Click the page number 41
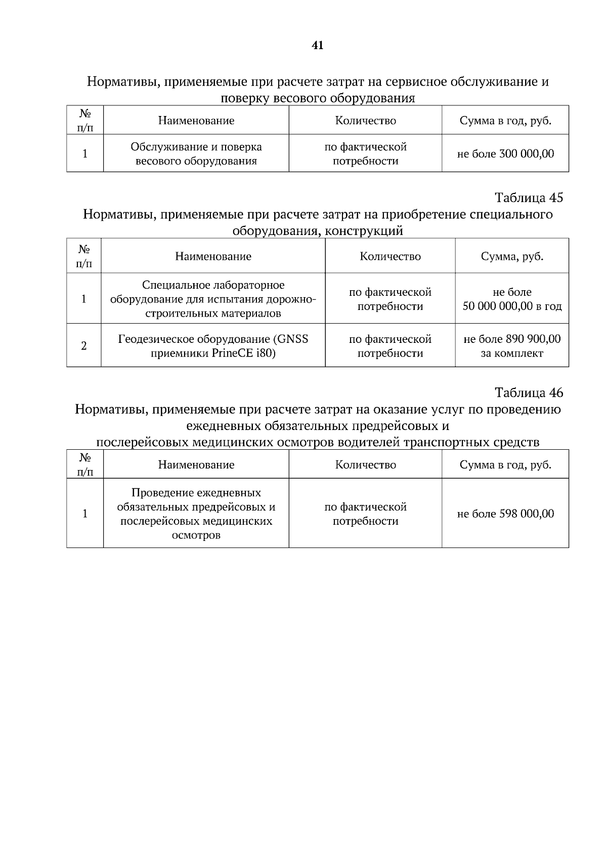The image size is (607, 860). point(318,46)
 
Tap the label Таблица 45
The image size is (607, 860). point(529,198)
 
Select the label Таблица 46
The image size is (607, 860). point(529,393)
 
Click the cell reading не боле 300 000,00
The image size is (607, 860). point(505,153)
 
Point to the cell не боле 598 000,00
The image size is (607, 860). point(505,514)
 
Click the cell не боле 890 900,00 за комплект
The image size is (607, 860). point(512,346)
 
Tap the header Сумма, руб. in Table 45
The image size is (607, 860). point(512,256)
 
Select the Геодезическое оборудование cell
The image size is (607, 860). point(213,346)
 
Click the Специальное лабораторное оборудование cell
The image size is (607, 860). point(213,299)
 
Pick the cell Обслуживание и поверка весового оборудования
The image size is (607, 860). point(196,154)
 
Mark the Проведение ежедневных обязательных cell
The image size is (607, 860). point(196,514)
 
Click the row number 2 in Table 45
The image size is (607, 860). point(84,346)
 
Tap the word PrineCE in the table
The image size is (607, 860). point(225,353)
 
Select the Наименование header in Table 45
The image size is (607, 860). point(213,256)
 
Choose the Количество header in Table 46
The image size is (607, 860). point(365,464)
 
